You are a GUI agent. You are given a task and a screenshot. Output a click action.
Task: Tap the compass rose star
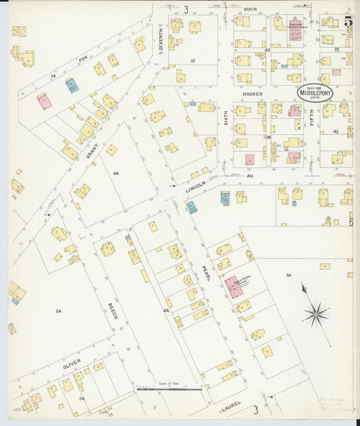[x=315, y=313]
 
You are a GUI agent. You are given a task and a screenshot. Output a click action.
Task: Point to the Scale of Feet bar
[x=169, y=389]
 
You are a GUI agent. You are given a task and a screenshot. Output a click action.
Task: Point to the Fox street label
[x=84, y=60]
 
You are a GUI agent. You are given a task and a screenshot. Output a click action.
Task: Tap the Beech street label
[x=113, y=310]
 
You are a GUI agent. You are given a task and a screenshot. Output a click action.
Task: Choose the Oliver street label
[x=72, y=365]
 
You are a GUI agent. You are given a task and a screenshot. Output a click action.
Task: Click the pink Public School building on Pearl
[x=234, y=286]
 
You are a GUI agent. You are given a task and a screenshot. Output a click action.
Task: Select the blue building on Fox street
[x=72, y=86]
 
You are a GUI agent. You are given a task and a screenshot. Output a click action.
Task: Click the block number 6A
[x=115, y=174]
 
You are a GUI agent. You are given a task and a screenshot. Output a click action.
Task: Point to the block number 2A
[x=59, y=311]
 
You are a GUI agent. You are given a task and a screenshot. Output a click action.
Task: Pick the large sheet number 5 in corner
[x=348, y=22]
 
